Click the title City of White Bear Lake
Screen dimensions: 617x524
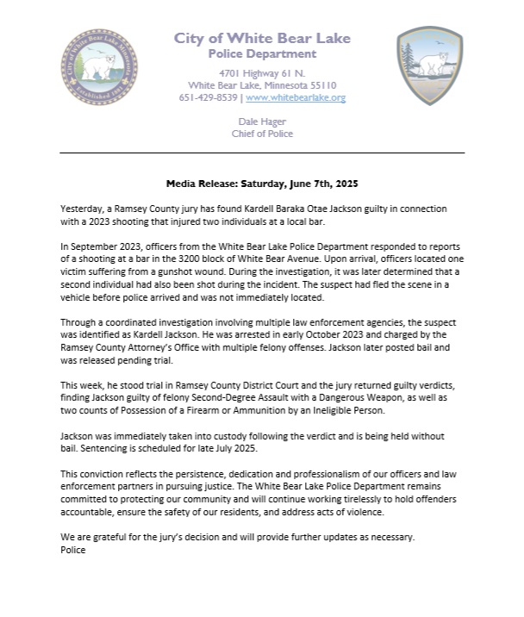(261, 38)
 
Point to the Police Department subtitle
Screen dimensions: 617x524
(262, 53)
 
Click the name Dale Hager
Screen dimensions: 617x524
(262, 122)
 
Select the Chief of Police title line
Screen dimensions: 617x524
(262, 134)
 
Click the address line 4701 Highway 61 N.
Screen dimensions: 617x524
(262, 73)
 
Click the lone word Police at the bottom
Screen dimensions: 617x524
(73, 550)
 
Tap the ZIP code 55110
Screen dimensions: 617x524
(320, 85)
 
